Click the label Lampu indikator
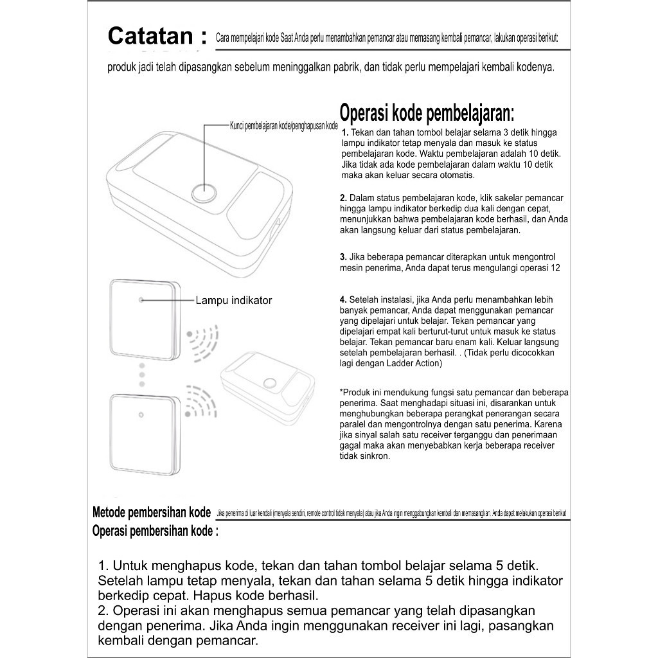pyautogui.click(x=234, y=300)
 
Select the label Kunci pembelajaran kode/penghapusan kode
pyautogui.click(x=283, y=126)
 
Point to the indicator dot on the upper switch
pyautogui.click(x=141, y=299)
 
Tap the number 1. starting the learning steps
pyautogui.click(x=345, y=132)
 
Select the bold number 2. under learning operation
pyautogui.click(x=343, y=197)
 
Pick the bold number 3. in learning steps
pyautogui.click(x=343, y=257)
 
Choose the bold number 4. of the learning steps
pyautogui.click(x=343, y=299)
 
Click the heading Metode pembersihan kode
pyautogui.click(x=152, y=513)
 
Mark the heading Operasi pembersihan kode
pyautogui.click(x=155, y=531)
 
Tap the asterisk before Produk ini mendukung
pyautogui.click(x=341, y=392)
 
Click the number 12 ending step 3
pyautogui.click(x=554, y=268)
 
